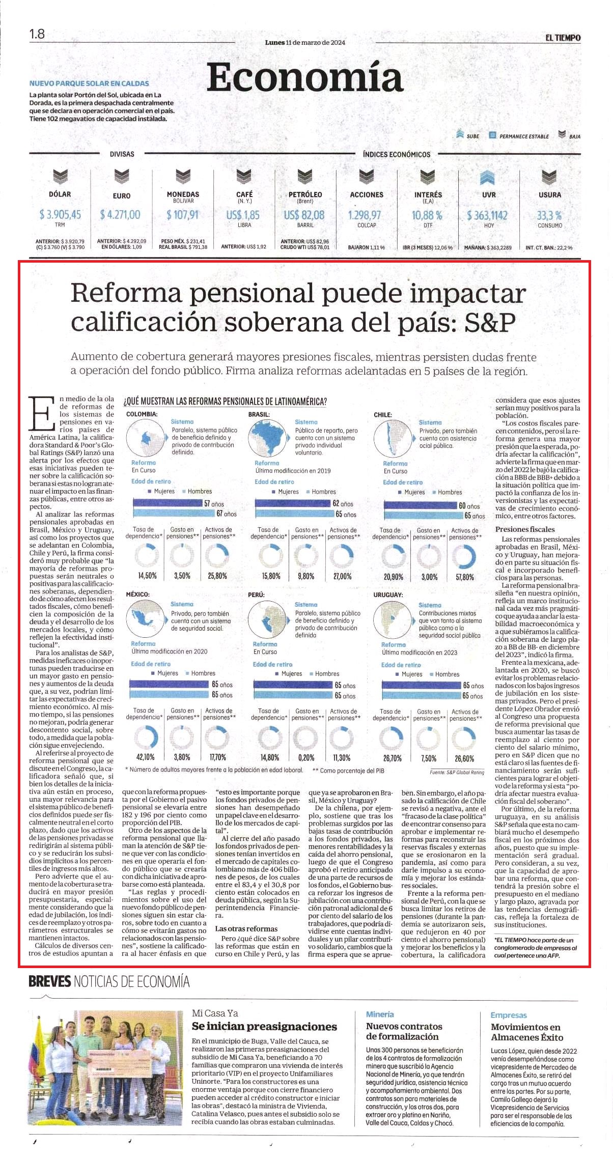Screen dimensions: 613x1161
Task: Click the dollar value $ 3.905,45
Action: [60, 214]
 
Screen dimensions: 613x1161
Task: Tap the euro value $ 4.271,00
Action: [121, 214]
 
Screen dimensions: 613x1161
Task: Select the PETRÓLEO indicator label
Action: [305, 194]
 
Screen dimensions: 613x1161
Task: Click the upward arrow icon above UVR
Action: [488, 178]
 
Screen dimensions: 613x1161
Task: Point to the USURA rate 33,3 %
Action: [549, 215]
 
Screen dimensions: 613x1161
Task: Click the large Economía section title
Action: [305, 77]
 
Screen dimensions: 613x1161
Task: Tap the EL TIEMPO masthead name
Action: [563, 38]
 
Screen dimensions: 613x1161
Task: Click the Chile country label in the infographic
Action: [383, 415]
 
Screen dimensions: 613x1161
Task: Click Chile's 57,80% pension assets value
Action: [465, 577]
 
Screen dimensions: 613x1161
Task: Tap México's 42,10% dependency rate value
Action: [145, 757]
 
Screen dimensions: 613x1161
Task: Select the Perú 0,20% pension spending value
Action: [306, 757]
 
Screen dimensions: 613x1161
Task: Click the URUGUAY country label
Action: [388, 594]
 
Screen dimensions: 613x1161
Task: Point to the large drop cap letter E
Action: [42, 412]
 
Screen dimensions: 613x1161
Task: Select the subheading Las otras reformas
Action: [246, 928]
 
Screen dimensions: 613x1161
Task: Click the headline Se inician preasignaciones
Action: [264, 1026]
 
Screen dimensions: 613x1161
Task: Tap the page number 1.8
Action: [37, 34]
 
